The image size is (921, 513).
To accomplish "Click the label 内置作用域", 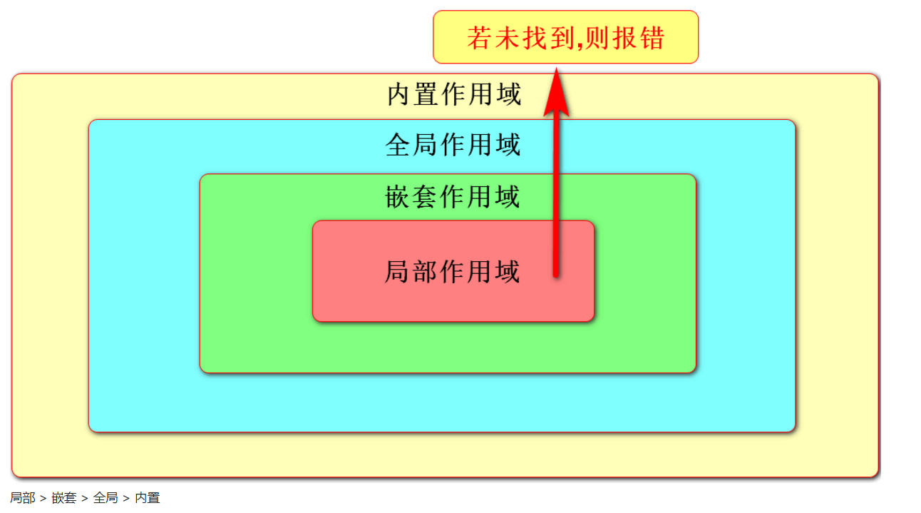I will pos(454,95).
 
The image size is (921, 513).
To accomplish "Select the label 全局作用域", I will pos(453,146).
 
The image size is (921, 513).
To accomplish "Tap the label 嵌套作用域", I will pos(453,197).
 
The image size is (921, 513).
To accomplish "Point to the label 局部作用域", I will pos(453,272).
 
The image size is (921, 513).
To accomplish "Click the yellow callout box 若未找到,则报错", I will pos(565,37).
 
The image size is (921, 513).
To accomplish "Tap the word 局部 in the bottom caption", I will pos(22,498).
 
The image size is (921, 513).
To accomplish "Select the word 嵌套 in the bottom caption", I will pos(64,498).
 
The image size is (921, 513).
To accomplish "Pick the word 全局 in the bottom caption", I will pos(106,498).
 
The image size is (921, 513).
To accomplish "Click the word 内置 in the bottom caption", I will pos(148,498).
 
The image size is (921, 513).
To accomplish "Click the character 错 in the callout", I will pos(653,38).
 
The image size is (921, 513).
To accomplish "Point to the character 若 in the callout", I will pos(478,38).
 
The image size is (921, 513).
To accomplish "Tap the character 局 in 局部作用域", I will pos(396,272).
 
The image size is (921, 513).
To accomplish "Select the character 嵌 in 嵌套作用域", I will pos(397,197).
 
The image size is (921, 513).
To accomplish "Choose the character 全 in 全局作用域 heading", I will pos(397,146).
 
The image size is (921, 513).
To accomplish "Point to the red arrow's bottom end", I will pos(556,273).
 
